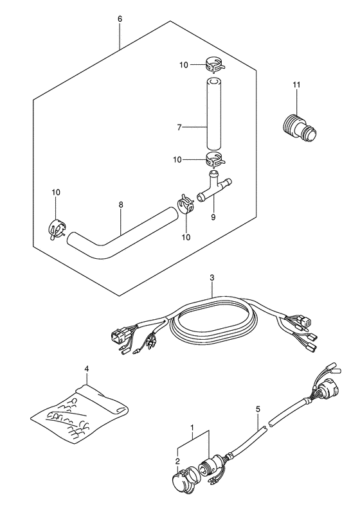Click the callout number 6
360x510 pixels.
(120, 19)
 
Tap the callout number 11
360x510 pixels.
(296, 85)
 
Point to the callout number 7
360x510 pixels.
(179, 128)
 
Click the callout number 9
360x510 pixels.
(213, 217)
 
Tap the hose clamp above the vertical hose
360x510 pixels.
(213, 64)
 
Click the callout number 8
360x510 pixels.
(121, 205)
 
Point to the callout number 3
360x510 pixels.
(212, 277)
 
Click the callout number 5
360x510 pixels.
(258, 409)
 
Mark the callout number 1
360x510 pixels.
(192, 426)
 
